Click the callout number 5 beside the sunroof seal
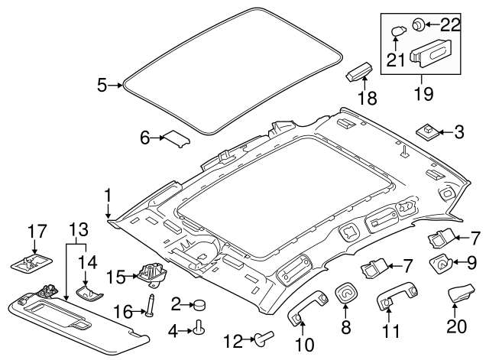(x=102, y=86)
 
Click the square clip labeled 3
(x=426, y=132)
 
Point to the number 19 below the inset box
(x=422, y=93)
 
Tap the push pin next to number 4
(x=201, y=329)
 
